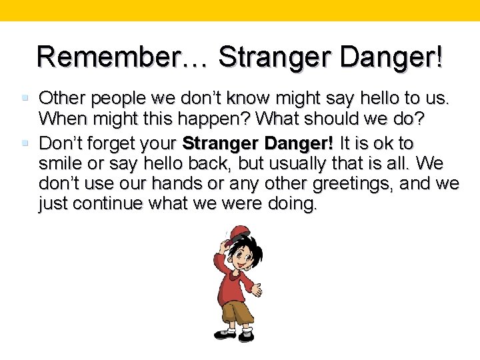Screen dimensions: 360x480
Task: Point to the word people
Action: tap(119, 99)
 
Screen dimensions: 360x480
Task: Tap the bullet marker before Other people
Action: tap(25, 99)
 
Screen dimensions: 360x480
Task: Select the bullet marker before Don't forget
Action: tap(25, 143)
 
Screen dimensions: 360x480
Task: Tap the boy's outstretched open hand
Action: tap(255, 288)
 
